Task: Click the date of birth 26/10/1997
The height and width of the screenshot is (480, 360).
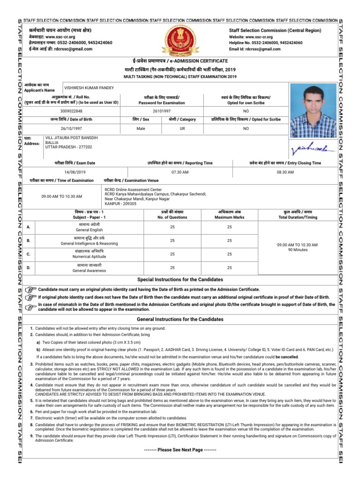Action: pyautogui.click(x=72, y=128)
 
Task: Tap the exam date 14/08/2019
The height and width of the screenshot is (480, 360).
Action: pyautogui.click(x=72, y=172)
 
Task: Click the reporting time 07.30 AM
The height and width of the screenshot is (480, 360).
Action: pyautogui.click(x=180, y=172)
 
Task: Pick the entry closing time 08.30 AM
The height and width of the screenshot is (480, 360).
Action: pyautogui.click(x=285, y=172)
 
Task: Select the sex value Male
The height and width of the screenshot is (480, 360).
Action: pyautogui.click(x=141, y=128)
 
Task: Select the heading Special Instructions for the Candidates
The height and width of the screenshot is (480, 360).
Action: pyautogui.click(x=180, y=279)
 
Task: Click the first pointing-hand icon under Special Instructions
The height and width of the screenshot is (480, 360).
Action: pyautogui.click(x=31, y=290)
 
